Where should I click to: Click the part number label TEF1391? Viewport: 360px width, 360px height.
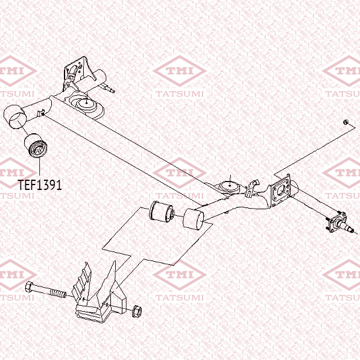(x=40, y=185)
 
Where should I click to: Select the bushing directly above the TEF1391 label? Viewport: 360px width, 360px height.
(x=36, y=146)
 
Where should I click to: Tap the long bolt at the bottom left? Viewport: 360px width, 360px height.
(x=45, y=290)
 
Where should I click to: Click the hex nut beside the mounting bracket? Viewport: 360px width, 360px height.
(x=137, y=311)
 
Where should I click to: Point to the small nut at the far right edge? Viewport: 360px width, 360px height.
(x=346, y=122)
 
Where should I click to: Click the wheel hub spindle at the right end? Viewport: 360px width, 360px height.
(x=339, y=222)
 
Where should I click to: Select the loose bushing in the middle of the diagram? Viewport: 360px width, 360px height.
(x=162, y=212)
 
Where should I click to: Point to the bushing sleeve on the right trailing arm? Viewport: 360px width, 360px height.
(x=194, y=219)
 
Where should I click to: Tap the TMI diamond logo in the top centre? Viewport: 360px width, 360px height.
(x=180, y=71)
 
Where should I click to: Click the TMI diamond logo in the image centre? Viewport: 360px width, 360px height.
(x=180, y=172)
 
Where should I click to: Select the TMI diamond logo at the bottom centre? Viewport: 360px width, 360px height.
(x=180, y=274)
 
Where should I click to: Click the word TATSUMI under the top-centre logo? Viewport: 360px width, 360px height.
(x=180, y=93)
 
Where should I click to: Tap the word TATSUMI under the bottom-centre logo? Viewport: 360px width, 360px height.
(x=180, y=297)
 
